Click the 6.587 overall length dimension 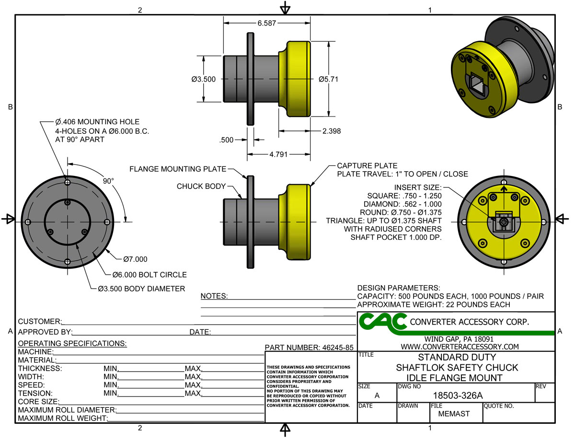tap(266, 23)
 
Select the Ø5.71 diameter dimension tap(328, 79)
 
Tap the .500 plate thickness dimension tap(227, 140)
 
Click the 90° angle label tap(109, 181)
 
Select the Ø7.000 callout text tap(135, 259)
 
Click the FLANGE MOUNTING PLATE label tap(177, 169)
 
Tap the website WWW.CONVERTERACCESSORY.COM tap(460, 347)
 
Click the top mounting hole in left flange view tap(68, 183)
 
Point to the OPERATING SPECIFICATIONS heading tap(72, 343)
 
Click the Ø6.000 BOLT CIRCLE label tap(149, 275)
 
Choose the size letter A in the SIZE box tap(377, 396)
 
